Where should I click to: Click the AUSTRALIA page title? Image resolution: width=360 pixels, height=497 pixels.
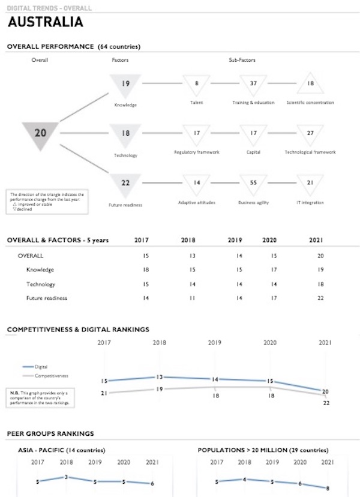(45, 23)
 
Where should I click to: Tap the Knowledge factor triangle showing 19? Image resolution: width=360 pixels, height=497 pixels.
(125, 85)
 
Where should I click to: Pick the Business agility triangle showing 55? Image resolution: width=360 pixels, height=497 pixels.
(253, 183)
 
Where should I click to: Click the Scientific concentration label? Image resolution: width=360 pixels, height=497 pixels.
(310, 103)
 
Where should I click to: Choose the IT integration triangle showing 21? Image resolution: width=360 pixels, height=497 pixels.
(310, 183)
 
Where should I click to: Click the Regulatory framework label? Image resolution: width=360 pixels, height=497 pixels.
(196, 152)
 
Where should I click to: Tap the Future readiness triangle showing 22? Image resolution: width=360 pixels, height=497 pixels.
(125, 184)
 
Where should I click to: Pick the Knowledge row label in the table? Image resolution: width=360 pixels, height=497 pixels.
(40, 270)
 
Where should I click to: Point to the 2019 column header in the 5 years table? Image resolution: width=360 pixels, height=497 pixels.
(235, 240)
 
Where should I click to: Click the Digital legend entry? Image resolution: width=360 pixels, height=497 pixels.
(41, 366)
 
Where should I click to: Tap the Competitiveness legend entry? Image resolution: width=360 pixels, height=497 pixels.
(50, 375)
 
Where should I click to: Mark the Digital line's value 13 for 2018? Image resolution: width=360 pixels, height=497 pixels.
(160, 377)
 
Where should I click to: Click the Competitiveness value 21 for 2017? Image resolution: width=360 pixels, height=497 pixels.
(104, 393)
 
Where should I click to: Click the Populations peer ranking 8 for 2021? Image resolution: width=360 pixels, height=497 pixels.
(328, 488)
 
